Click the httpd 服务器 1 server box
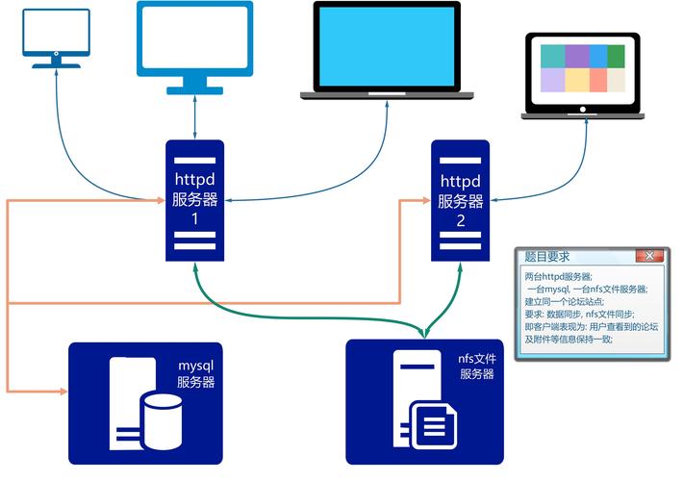tap(194, 200)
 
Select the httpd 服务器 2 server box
tap(460, 200)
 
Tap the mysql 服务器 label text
tap(196, 374)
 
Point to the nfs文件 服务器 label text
tap(476, 367)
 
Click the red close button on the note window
tap(649, 256)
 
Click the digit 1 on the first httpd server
tap(194, 219)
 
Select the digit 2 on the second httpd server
tap(460, 219)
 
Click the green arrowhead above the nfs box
tap(424, 333)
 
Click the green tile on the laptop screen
tap(616, 55)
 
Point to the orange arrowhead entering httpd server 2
tap(424, 200)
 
